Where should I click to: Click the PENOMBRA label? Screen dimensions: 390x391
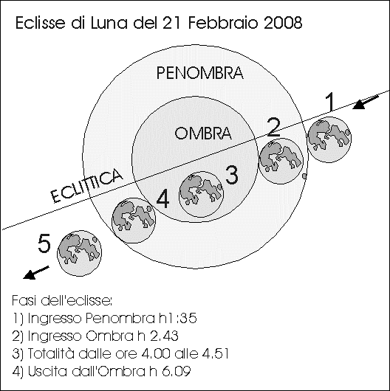point(199,73)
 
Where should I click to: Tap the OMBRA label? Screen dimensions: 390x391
point(203,133)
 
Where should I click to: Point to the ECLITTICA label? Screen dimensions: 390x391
point(86,185)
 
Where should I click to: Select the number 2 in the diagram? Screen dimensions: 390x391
point(273,127)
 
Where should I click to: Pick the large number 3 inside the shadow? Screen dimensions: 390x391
point(232,175)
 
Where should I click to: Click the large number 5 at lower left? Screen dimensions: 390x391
point(44,243)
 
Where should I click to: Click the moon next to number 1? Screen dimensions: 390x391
point(329,139)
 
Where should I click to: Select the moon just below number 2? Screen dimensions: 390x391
point(281,161)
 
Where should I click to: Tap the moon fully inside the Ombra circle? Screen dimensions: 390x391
point(201,194)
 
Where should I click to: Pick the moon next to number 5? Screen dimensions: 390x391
point(79,253)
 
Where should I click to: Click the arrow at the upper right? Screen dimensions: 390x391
point(366,103)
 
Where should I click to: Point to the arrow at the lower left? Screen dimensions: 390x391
point(35,272)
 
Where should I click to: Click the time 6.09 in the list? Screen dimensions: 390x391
point(176,371)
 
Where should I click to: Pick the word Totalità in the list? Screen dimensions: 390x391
point(51,353)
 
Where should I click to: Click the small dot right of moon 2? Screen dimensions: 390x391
point(304,176)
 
